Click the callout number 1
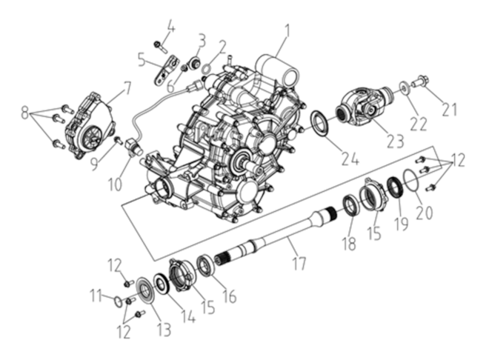click(287, 33)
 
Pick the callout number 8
click(26, 113)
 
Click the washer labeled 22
click(405, 87)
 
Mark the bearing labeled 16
click(207, 264)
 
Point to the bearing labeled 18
click(351, 204)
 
